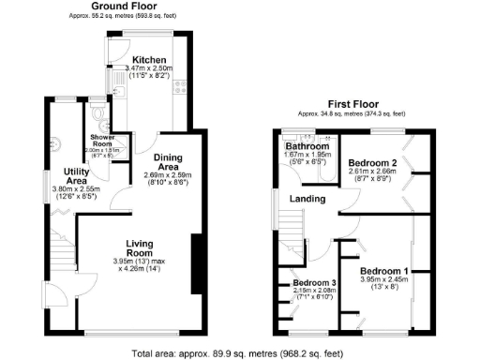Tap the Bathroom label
pos(307,147)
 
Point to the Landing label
pos(307,199)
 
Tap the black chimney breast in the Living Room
pos(197,266)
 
